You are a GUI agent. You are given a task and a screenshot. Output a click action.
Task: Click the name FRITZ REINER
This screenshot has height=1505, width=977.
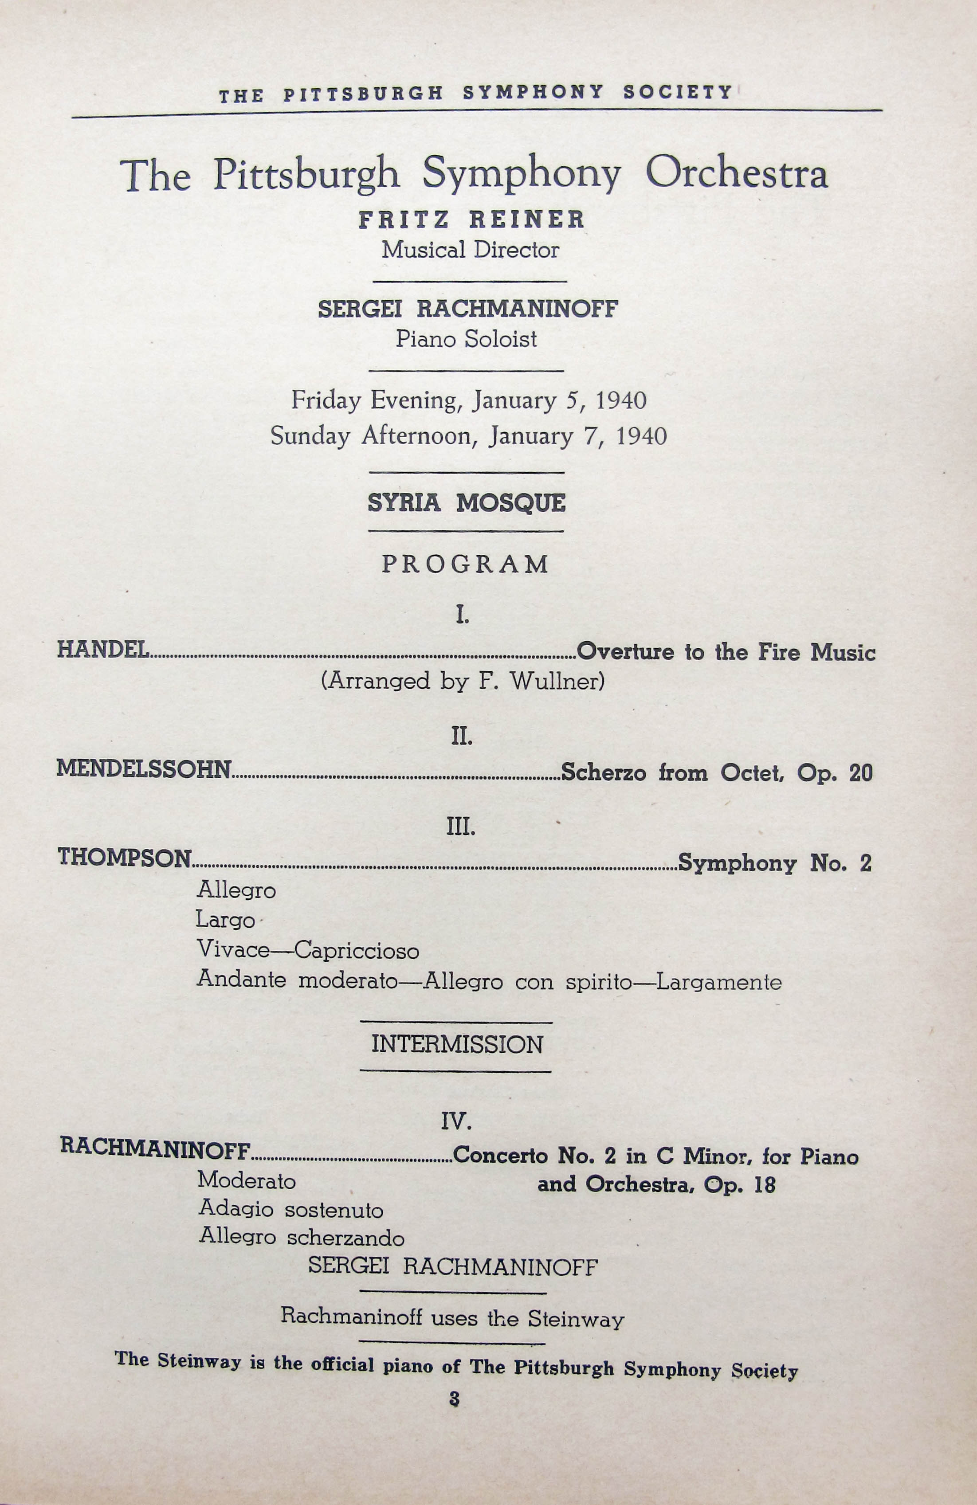pos(471,220)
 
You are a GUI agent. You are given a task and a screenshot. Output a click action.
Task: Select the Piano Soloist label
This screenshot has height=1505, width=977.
pos(466,340)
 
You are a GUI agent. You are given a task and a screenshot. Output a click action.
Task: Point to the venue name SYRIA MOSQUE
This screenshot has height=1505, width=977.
pos(467,503)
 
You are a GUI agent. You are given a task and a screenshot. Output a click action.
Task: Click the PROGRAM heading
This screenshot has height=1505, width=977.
pos(465,564)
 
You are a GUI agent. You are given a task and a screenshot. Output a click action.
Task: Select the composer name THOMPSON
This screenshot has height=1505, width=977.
pos(125,858)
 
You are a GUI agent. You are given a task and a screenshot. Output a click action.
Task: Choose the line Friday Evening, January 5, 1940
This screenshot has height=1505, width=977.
pos(469,400)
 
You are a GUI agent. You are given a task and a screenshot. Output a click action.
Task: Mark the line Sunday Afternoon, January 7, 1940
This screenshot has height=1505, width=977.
pos(469,436)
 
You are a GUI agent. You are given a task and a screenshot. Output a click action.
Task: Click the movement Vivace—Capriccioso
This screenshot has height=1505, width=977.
pos(308,950)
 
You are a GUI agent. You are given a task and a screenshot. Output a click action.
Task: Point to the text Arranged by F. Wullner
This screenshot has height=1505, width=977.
pos(463,681)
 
